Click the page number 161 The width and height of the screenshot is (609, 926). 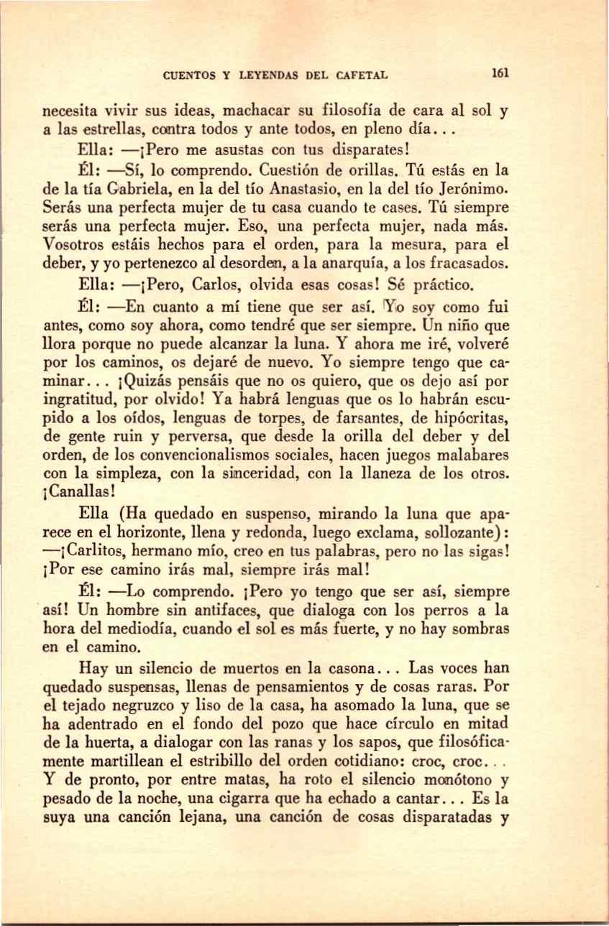(501, 73)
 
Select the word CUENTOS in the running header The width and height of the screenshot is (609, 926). (189, 74)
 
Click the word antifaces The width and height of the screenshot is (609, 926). (225, 611)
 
